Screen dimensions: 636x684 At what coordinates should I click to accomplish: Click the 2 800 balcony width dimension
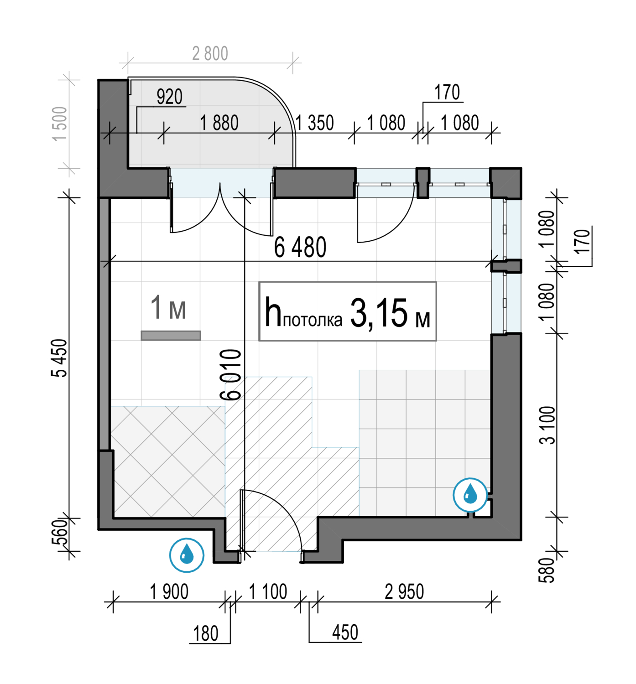click(x=210, y=54)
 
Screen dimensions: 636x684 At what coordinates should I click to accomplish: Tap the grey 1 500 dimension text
click(x=60, y=123)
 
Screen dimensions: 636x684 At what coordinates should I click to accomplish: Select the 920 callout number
click(x=169, y=97)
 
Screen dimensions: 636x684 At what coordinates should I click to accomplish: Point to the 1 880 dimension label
click(x=219, y=123)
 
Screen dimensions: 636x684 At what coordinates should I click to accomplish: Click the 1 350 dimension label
click(x=315, y=123)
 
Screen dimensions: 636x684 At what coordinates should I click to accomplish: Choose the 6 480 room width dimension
click(x=300, y=247)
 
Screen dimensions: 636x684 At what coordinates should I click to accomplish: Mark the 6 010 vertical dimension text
click(x=230, y=374)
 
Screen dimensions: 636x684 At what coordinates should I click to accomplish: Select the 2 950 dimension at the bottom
click(x=404, y=592)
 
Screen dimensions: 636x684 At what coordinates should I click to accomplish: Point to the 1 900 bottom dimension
click(x=169, y=592)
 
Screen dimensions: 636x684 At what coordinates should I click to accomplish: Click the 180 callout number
click(x=206, y=634)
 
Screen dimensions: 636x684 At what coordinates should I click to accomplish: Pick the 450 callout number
click(x=345, y=632)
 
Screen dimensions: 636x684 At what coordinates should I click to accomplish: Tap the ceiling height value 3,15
click(x=379, y=313)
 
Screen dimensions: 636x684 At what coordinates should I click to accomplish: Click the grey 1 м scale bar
click(x=171, y=336)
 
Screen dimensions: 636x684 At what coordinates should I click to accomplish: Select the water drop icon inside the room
click(x=470, y=495)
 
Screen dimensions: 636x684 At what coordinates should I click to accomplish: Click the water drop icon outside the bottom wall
click(x=187, y=555)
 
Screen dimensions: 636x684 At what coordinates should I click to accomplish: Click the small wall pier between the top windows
click(x=422, y=183)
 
